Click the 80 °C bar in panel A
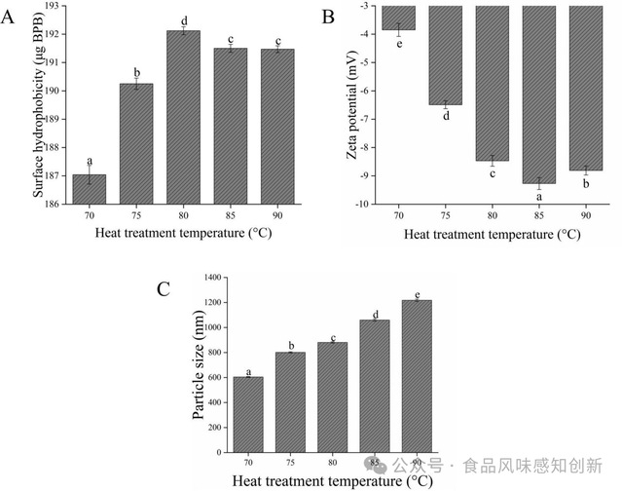click(x=183, y=117)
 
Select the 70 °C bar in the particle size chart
click(x=248, y=410)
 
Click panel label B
click(x=329, y=17)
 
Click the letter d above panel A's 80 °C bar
click(x=183, y=19)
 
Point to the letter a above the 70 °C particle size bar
click(x=248, y=369)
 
